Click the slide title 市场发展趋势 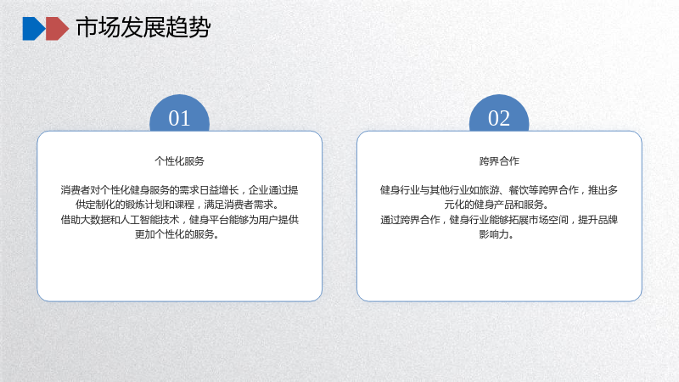click(x=143, y=28)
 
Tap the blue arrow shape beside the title click(x=33, y=29)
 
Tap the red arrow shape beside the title click(x=57, y=29)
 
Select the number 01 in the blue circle click(x=179, y=118)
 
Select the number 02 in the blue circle click(x=499, y=118)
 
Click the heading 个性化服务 click(x=179, y=161)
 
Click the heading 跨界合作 click(x=499, y=161)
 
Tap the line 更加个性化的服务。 click(x=177, y=235)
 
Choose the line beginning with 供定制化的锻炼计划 click(x=177, y=205)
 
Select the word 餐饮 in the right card click(x=519, y=190)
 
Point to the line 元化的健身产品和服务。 click(x=497, y=205)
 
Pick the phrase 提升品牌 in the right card click(x=598, y=220)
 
